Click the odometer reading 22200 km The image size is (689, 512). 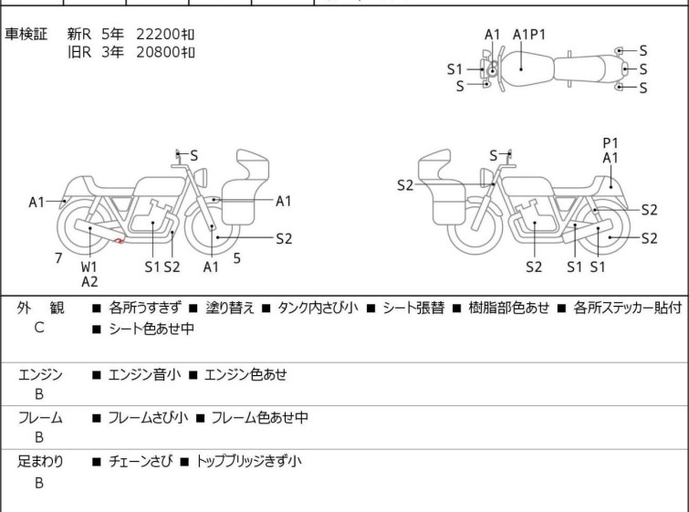pos(165,34)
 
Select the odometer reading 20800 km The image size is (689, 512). pos(165,52)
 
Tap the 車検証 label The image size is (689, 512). pos(26,34)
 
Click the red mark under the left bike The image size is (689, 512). pos(119,240)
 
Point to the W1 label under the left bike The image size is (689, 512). pos(89,266)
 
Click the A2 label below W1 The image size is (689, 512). pos(89,282)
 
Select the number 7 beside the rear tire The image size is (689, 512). pos(58,258)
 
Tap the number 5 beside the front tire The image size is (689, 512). pos(237,258)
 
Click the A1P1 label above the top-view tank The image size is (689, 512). pos(529,35)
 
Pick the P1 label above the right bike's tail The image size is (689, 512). pos(611,143)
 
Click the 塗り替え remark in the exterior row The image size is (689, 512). pos(230,308)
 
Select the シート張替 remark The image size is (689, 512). pos(413,308)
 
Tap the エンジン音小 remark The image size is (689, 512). pos(144,374)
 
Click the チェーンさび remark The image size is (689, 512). pos(141,461)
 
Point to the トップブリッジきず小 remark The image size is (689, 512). pos(248,461)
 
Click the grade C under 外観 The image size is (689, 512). pos(39,328)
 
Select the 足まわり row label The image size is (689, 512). pos(40,461)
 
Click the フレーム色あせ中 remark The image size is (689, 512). pos(260,417)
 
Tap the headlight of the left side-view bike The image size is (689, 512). pos(201,177)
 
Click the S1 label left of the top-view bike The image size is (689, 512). pos(454,69)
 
